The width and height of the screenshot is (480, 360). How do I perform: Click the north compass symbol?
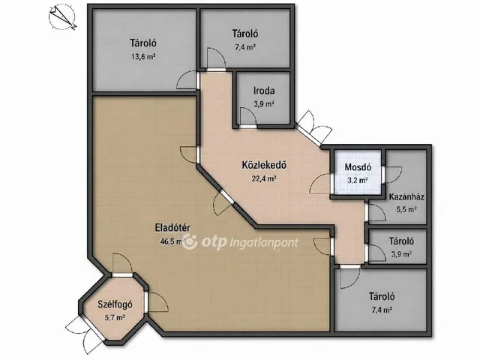(62, 18)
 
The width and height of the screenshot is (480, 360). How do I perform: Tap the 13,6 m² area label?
(143, 56)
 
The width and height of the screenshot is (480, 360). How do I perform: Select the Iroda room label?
(264, 91)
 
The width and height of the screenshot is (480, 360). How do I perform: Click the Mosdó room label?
(358, 167)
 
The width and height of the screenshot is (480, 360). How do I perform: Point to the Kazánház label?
(406, 196)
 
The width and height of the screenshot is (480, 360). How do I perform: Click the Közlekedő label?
(264, 165)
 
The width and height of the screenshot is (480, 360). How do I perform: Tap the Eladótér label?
(173, 228)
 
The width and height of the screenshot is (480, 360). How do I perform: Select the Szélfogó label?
(115, 304)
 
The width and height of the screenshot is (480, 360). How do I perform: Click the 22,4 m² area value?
(264, 178)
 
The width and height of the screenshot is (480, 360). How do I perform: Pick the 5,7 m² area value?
(115, 317)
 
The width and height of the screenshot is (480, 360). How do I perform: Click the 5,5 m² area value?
(406, 210)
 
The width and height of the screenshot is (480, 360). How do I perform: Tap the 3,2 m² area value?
(358, 180)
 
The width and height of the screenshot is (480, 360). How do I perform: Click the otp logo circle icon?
(190, 241)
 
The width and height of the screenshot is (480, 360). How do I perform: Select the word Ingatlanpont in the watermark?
(263, 243)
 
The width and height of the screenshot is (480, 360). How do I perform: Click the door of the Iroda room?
(248, 118)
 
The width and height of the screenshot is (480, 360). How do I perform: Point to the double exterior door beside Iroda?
(313, 127)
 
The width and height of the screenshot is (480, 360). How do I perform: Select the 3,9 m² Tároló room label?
(402, 241)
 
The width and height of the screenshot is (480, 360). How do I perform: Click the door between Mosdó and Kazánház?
(391, 175)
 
